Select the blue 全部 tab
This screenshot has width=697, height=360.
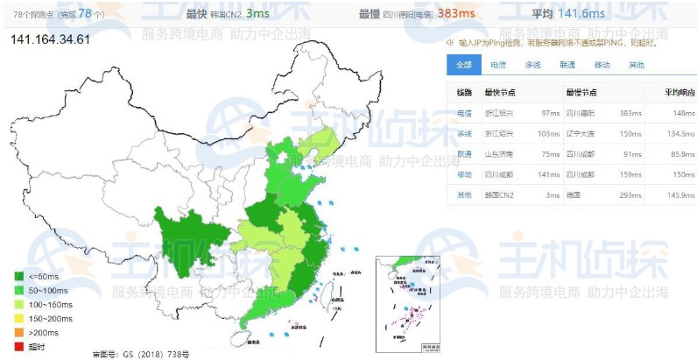pyautogui.click(x=463, y=65)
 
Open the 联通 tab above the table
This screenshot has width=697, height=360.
pyautogui.click(x=567, y=65)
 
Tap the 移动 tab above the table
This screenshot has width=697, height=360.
pyautogui.click(x=602, y=65)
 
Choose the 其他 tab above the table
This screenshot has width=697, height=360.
pyautogui.click(x=637, y=65)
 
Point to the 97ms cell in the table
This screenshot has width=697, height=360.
pyautogui.click(x=550, y=113)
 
